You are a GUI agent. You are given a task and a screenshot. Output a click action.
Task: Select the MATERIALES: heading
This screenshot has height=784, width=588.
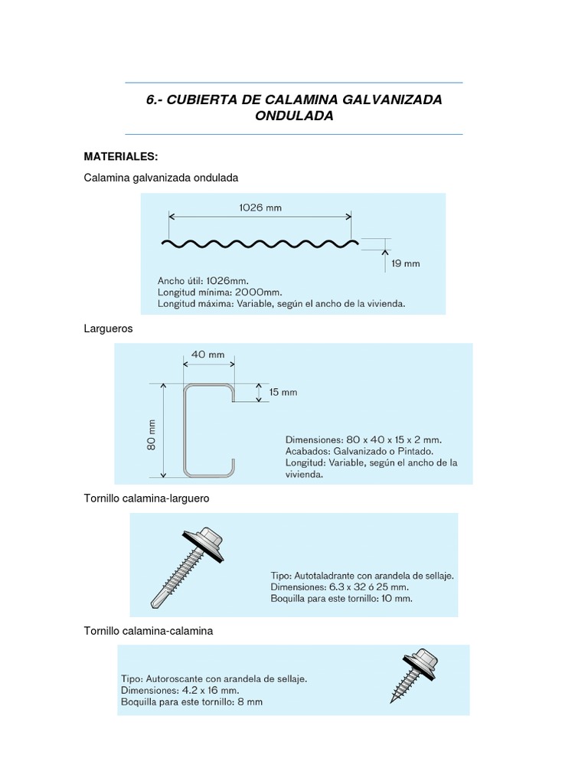click(121, 156)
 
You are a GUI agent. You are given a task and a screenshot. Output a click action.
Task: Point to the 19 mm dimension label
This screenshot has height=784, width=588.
click(406, 263)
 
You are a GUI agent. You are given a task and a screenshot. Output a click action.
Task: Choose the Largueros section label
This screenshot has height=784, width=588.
click(108, 328)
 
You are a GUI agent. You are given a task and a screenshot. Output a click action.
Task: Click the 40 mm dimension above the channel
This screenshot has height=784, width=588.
click(207, 354)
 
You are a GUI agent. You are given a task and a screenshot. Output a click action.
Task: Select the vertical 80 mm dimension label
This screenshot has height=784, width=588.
click(152, 433)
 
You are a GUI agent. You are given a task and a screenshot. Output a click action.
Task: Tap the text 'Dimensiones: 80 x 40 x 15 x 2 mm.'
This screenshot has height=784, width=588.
click(364, 439)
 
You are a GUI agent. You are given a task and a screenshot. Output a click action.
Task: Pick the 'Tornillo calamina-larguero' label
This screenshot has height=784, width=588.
click(146, 498)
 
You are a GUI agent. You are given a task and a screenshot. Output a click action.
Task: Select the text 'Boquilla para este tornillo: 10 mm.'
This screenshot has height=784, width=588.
click(341, 598)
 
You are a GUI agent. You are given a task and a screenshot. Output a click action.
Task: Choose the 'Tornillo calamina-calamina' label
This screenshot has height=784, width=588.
click(148, 631)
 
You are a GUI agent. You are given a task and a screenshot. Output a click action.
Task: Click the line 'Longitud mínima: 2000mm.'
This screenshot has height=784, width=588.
click(220, 292)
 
